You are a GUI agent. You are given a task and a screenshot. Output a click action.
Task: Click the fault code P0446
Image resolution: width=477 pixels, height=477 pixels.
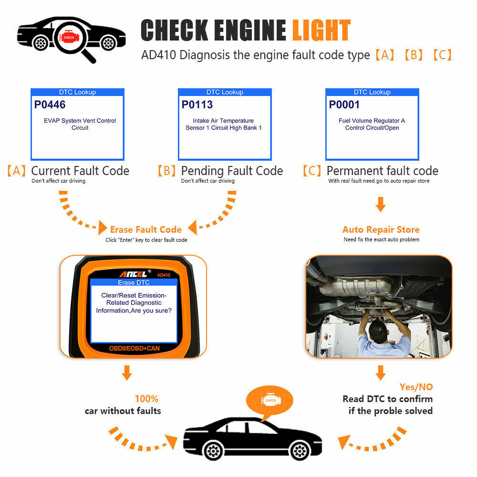click(50, 104)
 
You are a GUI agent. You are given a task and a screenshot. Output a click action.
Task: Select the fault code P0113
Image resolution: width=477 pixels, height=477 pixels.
click(197, 104)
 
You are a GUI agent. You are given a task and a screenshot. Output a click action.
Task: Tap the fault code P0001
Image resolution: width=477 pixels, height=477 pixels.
click(344, 104)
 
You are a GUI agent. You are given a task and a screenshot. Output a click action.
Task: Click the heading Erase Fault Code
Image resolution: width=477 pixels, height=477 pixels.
click(145, 229)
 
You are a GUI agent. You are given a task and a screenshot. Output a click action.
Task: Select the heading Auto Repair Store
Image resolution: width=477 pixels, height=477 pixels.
click(381, 229)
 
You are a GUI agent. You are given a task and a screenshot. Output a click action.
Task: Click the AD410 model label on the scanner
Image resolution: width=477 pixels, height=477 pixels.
click(164, 275)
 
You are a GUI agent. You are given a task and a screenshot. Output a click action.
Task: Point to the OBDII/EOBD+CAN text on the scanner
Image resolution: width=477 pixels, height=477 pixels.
click(134, 349)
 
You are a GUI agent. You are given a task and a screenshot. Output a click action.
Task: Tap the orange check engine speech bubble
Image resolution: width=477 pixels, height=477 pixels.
click(270, 400)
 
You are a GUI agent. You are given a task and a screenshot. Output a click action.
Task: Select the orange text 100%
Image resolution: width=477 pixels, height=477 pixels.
click(146, 399)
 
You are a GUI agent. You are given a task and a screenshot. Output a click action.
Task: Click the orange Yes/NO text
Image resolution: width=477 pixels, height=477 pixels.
click(416, 387)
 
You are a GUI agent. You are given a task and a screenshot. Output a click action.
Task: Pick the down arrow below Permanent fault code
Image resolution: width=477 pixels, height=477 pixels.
click(380, 205)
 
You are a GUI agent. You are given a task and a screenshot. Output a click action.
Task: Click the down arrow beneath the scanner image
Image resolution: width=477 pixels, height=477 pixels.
click(126, 373)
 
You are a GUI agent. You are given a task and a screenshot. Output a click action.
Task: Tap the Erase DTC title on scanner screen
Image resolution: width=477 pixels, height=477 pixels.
click(134, 282)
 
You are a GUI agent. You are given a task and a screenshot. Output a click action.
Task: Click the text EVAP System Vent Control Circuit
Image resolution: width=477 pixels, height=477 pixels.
click(80, 124)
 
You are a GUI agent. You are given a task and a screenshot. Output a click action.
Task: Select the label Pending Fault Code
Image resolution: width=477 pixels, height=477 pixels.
click(232, 171)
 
